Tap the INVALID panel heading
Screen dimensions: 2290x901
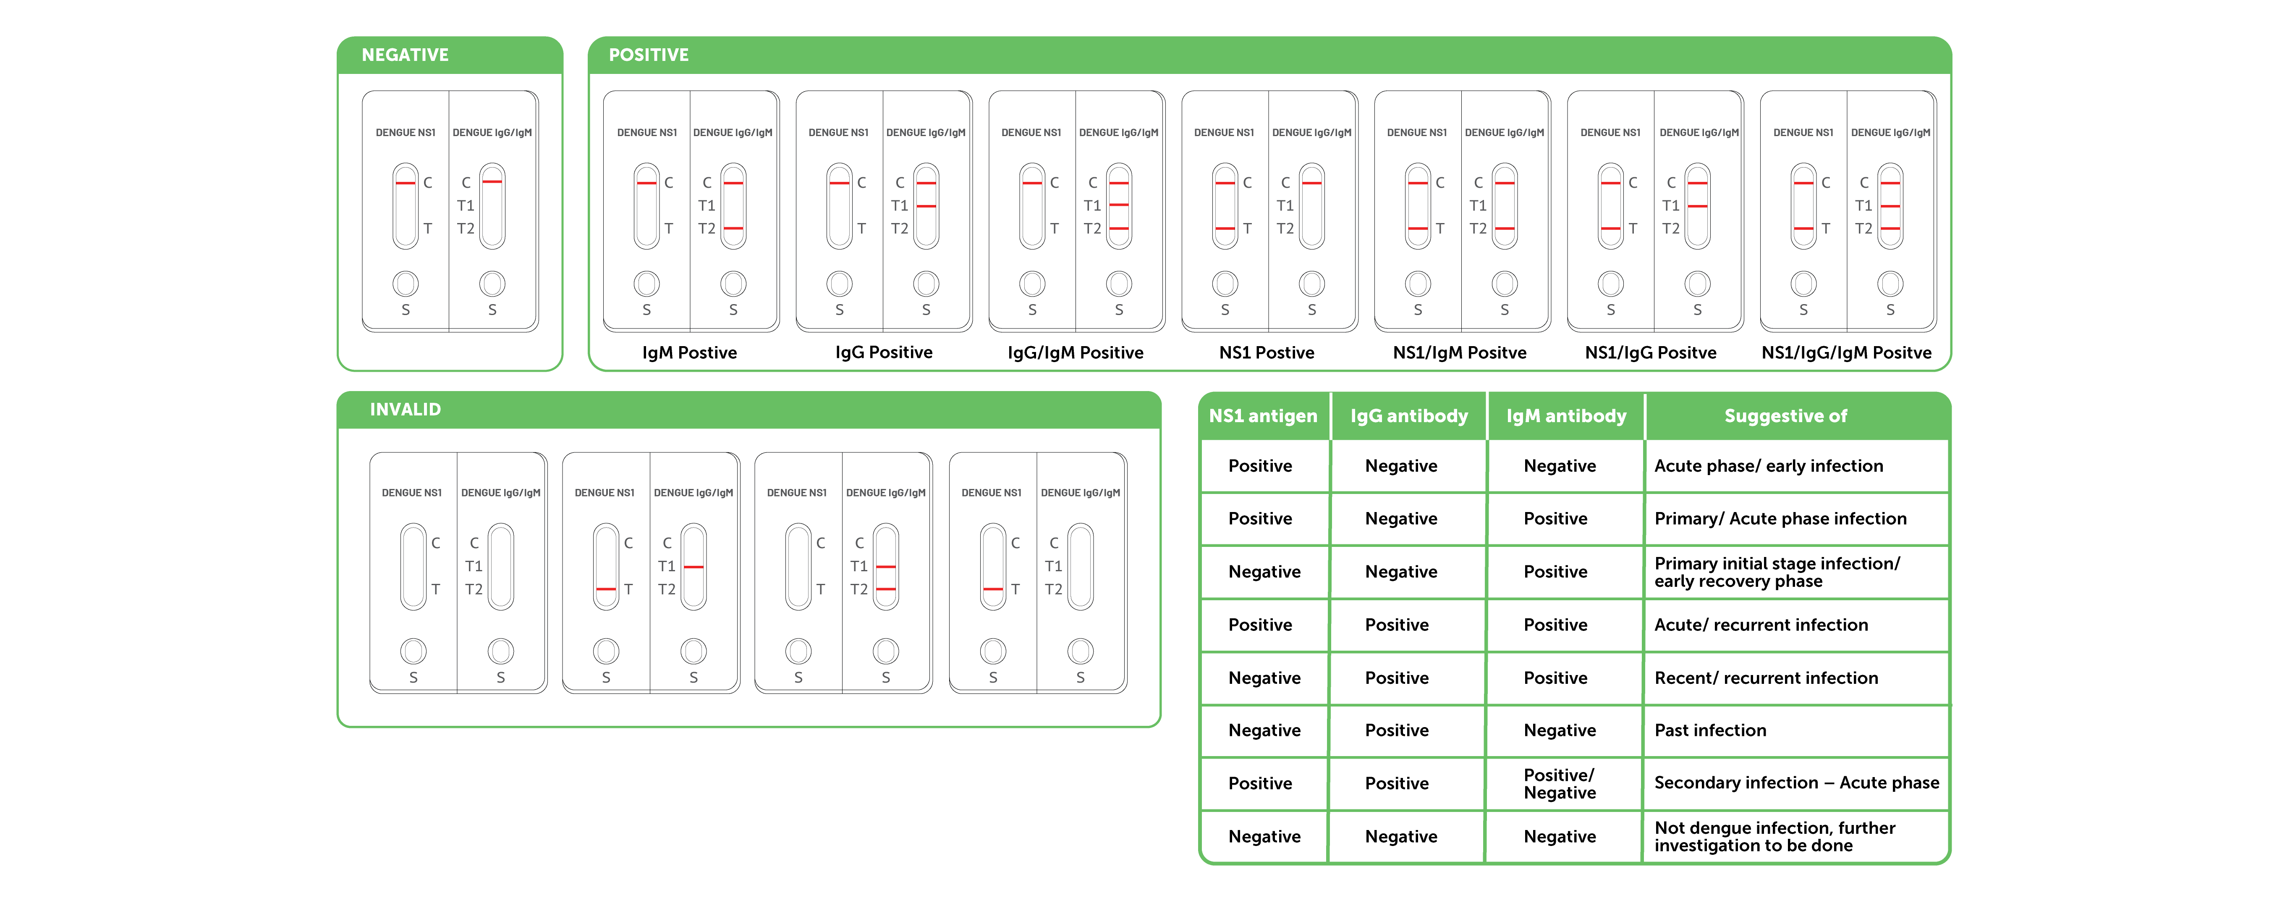406,409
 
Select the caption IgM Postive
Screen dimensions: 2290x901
690,352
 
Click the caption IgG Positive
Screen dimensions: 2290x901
884,352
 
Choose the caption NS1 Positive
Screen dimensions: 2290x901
1267,352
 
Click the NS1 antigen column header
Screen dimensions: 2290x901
1263,416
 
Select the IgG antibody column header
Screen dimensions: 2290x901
1409,416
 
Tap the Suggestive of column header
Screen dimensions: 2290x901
1786,416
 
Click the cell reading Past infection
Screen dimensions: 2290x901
1710,730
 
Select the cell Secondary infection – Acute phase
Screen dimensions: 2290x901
1797,783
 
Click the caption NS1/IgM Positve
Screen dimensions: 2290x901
1460,352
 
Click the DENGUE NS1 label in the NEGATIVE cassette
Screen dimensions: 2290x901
406,133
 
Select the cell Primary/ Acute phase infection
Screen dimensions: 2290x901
1781,518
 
